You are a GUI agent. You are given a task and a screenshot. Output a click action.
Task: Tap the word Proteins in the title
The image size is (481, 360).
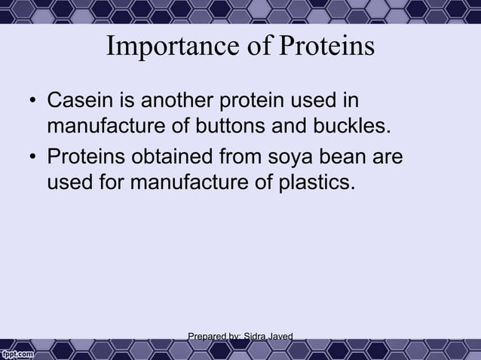[327, 47]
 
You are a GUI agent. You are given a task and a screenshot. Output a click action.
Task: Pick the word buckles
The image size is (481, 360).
[354, 124]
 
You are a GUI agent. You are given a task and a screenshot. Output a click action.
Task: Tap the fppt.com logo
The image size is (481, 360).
[17, 352]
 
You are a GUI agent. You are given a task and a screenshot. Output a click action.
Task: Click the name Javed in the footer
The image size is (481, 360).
[278, 335]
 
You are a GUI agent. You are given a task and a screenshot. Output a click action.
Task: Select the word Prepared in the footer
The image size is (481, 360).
[206, 335]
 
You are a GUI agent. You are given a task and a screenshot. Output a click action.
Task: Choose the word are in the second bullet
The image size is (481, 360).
[388, 159]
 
